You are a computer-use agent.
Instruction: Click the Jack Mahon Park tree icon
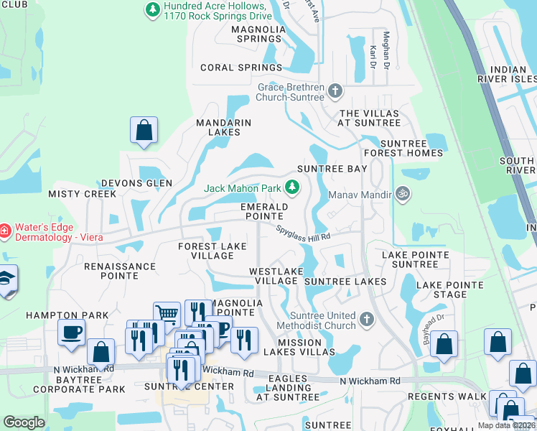(x=292, y=187)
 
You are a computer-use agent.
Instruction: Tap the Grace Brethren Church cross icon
(x=335, y=91)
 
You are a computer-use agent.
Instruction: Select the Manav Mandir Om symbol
(x=403, y=194)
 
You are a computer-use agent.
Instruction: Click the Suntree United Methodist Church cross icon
(x=367, y=319)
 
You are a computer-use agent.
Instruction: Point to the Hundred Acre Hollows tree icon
(x=152, y=9)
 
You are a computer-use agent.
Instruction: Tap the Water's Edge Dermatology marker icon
(x=4, y=231)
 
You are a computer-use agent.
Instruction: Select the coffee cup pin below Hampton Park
(x=71, y=332)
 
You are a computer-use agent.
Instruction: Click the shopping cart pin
(x=167, y=314)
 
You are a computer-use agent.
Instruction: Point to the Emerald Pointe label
(x=264, y=211)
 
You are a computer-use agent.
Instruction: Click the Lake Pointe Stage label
(x=451, y=289)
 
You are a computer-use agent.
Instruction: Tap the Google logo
(x=24, y=422)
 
